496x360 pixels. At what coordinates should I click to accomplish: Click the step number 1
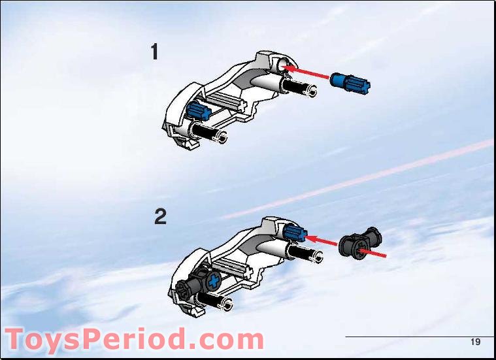coord(154,52)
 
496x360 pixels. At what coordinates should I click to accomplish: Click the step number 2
coord(160,217)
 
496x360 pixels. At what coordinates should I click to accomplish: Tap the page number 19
coord(475,342)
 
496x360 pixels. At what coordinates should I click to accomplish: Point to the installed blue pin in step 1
coord(197,110)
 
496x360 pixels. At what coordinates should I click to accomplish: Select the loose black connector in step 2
coord(359,244)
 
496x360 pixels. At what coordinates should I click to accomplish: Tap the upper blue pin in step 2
coord(295,231)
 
